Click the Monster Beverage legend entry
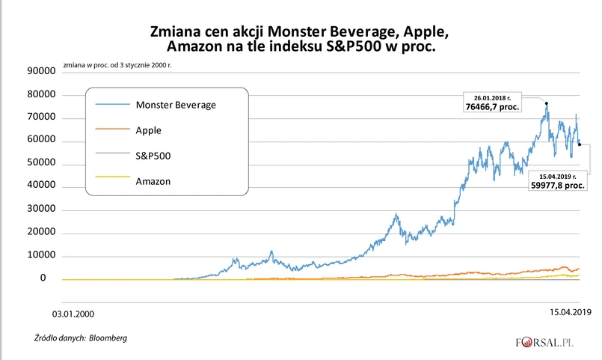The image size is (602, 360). click(x=176, y=105)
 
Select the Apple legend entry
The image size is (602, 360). click(x=148, y=130)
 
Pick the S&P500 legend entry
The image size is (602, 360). click(x=153, y=156)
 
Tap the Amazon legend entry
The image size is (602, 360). click(x=153, y=181)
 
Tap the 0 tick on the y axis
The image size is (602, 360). click(x=43, y=278)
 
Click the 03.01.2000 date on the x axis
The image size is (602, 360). click(x=73, y=314)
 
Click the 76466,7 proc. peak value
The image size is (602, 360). click(x=493, y=107)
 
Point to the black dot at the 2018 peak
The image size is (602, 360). click(x=547, y=103)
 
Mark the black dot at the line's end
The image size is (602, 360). click(x=580, y=144)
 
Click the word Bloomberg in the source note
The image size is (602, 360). click(x=108, y=338)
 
